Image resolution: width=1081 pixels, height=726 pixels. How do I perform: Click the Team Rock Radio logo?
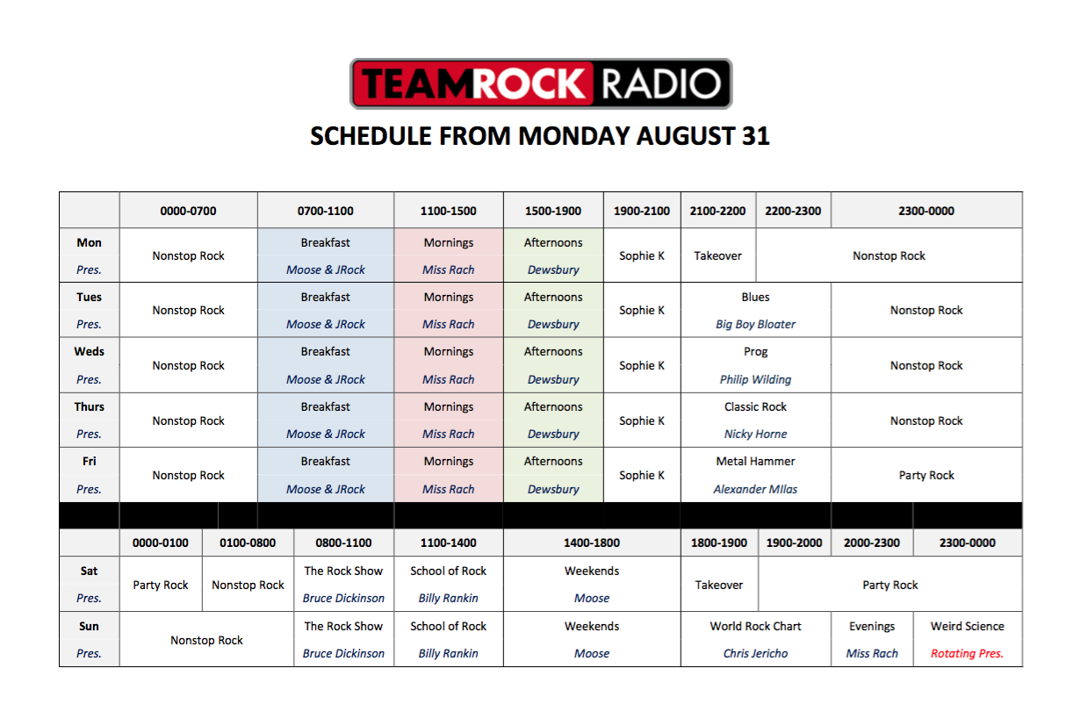tap(541, 83)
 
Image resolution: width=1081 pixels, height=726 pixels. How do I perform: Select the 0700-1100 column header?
tap(325, 211)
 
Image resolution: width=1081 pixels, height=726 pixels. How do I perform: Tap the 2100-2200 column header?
tap(717, 211)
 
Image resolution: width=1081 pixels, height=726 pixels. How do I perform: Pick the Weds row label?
tap(90, 351)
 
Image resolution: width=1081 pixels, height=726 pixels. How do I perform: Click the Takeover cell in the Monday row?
tap(717, 255)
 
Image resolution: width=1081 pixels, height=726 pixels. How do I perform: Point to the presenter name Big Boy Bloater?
tap(755, 324)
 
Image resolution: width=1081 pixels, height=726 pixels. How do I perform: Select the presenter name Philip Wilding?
tap(755, 379)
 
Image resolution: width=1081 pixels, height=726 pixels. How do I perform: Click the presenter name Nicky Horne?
tap(755, 435)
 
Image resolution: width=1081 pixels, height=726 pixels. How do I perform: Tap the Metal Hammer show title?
tap(755, 461)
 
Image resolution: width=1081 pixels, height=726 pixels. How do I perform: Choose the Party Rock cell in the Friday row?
tap(926, 475)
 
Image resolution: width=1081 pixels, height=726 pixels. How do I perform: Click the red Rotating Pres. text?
tap(967, 654)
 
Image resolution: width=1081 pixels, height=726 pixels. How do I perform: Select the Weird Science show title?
tap(967, 626)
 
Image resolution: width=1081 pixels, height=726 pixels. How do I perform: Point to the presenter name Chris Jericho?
tap(755, 654)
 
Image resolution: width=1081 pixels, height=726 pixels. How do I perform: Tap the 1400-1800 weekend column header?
tap(592, 543)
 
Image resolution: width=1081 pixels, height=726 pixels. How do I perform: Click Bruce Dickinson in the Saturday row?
tap(343, 598)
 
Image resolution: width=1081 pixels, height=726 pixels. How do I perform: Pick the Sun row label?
tap(90, 626)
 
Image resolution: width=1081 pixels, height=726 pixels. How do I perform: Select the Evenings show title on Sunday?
tap(871, 626)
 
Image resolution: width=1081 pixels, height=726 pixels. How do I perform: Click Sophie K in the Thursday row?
tap(642, 421)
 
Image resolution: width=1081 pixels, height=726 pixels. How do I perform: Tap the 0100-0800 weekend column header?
tap(248, 543)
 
